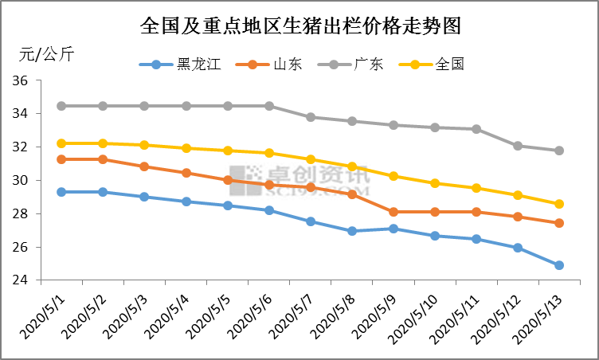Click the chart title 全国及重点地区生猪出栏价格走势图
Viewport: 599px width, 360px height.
pyautogui.click(x=299, y=25)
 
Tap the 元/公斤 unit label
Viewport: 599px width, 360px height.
pyautogui.click(x=47, y=55)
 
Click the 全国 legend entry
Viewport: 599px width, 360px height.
pyautogui.click(x=450, y=65)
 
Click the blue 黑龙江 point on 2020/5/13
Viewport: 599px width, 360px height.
pyautogui.click(x=559, y=265)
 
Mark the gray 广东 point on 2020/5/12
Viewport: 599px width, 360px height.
pyautogui.click(x=518, y=146)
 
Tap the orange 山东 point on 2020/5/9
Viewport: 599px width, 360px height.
pyautogui.click(x=393, y=212)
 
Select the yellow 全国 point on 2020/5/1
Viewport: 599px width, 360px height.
pyautogui.click(x=61, y=143)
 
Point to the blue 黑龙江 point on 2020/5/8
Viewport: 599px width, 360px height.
pyautogui.click(x=352, y=231)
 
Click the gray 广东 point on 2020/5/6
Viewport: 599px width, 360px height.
pyautogui.click(x=269, y=106)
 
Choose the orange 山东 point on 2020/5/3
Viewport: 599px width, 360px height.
pyautogui.click(x=144, y=166)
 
